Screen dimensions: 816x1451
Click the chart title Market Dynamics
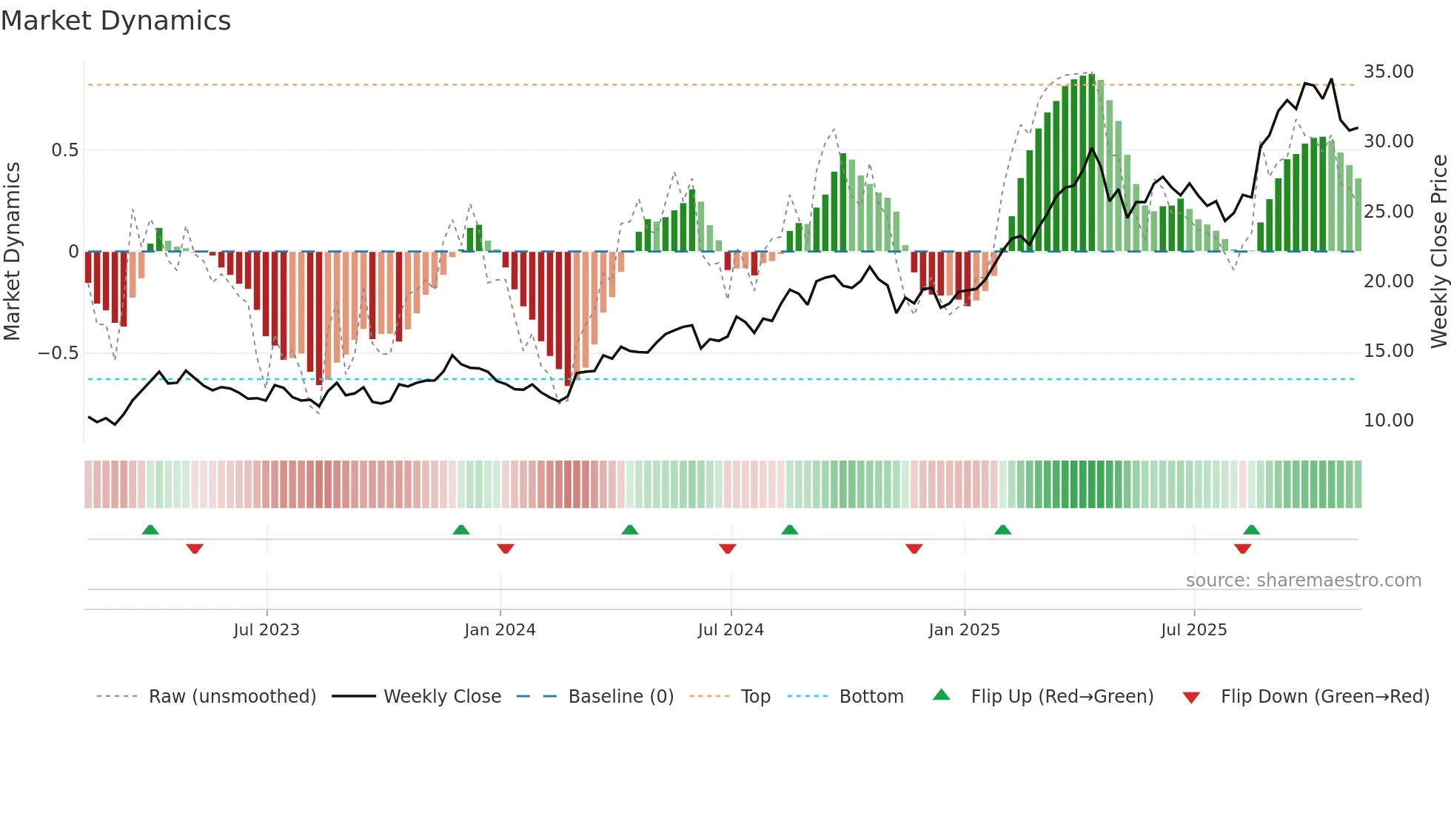click(116, 21)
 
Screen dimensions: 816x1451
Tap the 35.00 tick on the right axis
click(1388, 72)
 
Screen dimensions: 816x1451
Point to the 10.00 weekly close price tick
click(1388, 421)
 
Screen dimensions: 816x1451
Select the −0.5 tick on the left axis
click(58, 353)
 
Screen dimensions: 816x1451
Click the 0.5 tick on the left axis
click(64, 150)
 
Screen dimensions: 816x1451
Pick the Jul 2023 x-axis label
click(267, 630)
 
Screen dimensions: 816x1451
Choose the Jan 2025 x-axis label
click(964, 630)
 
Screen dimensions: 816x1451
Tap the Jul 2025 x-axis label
click(1193, 630)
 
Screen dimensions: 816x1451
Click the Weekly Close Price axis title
click(1438, 251)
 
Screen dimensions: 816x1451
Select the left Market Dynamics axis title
click(12, 251)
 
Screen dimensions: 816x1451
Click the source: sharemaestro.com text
click(1303, 581)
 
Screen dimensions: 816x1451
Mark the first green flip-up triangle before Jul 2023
click(150, 530)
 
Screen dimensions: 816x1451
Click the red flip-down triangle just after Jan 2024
click(506, 549)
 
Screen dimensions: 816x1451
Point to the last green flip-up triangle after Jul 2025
click(1251, 530)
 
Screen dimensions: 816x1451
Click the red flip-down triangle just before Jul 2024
click(728, 549)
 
